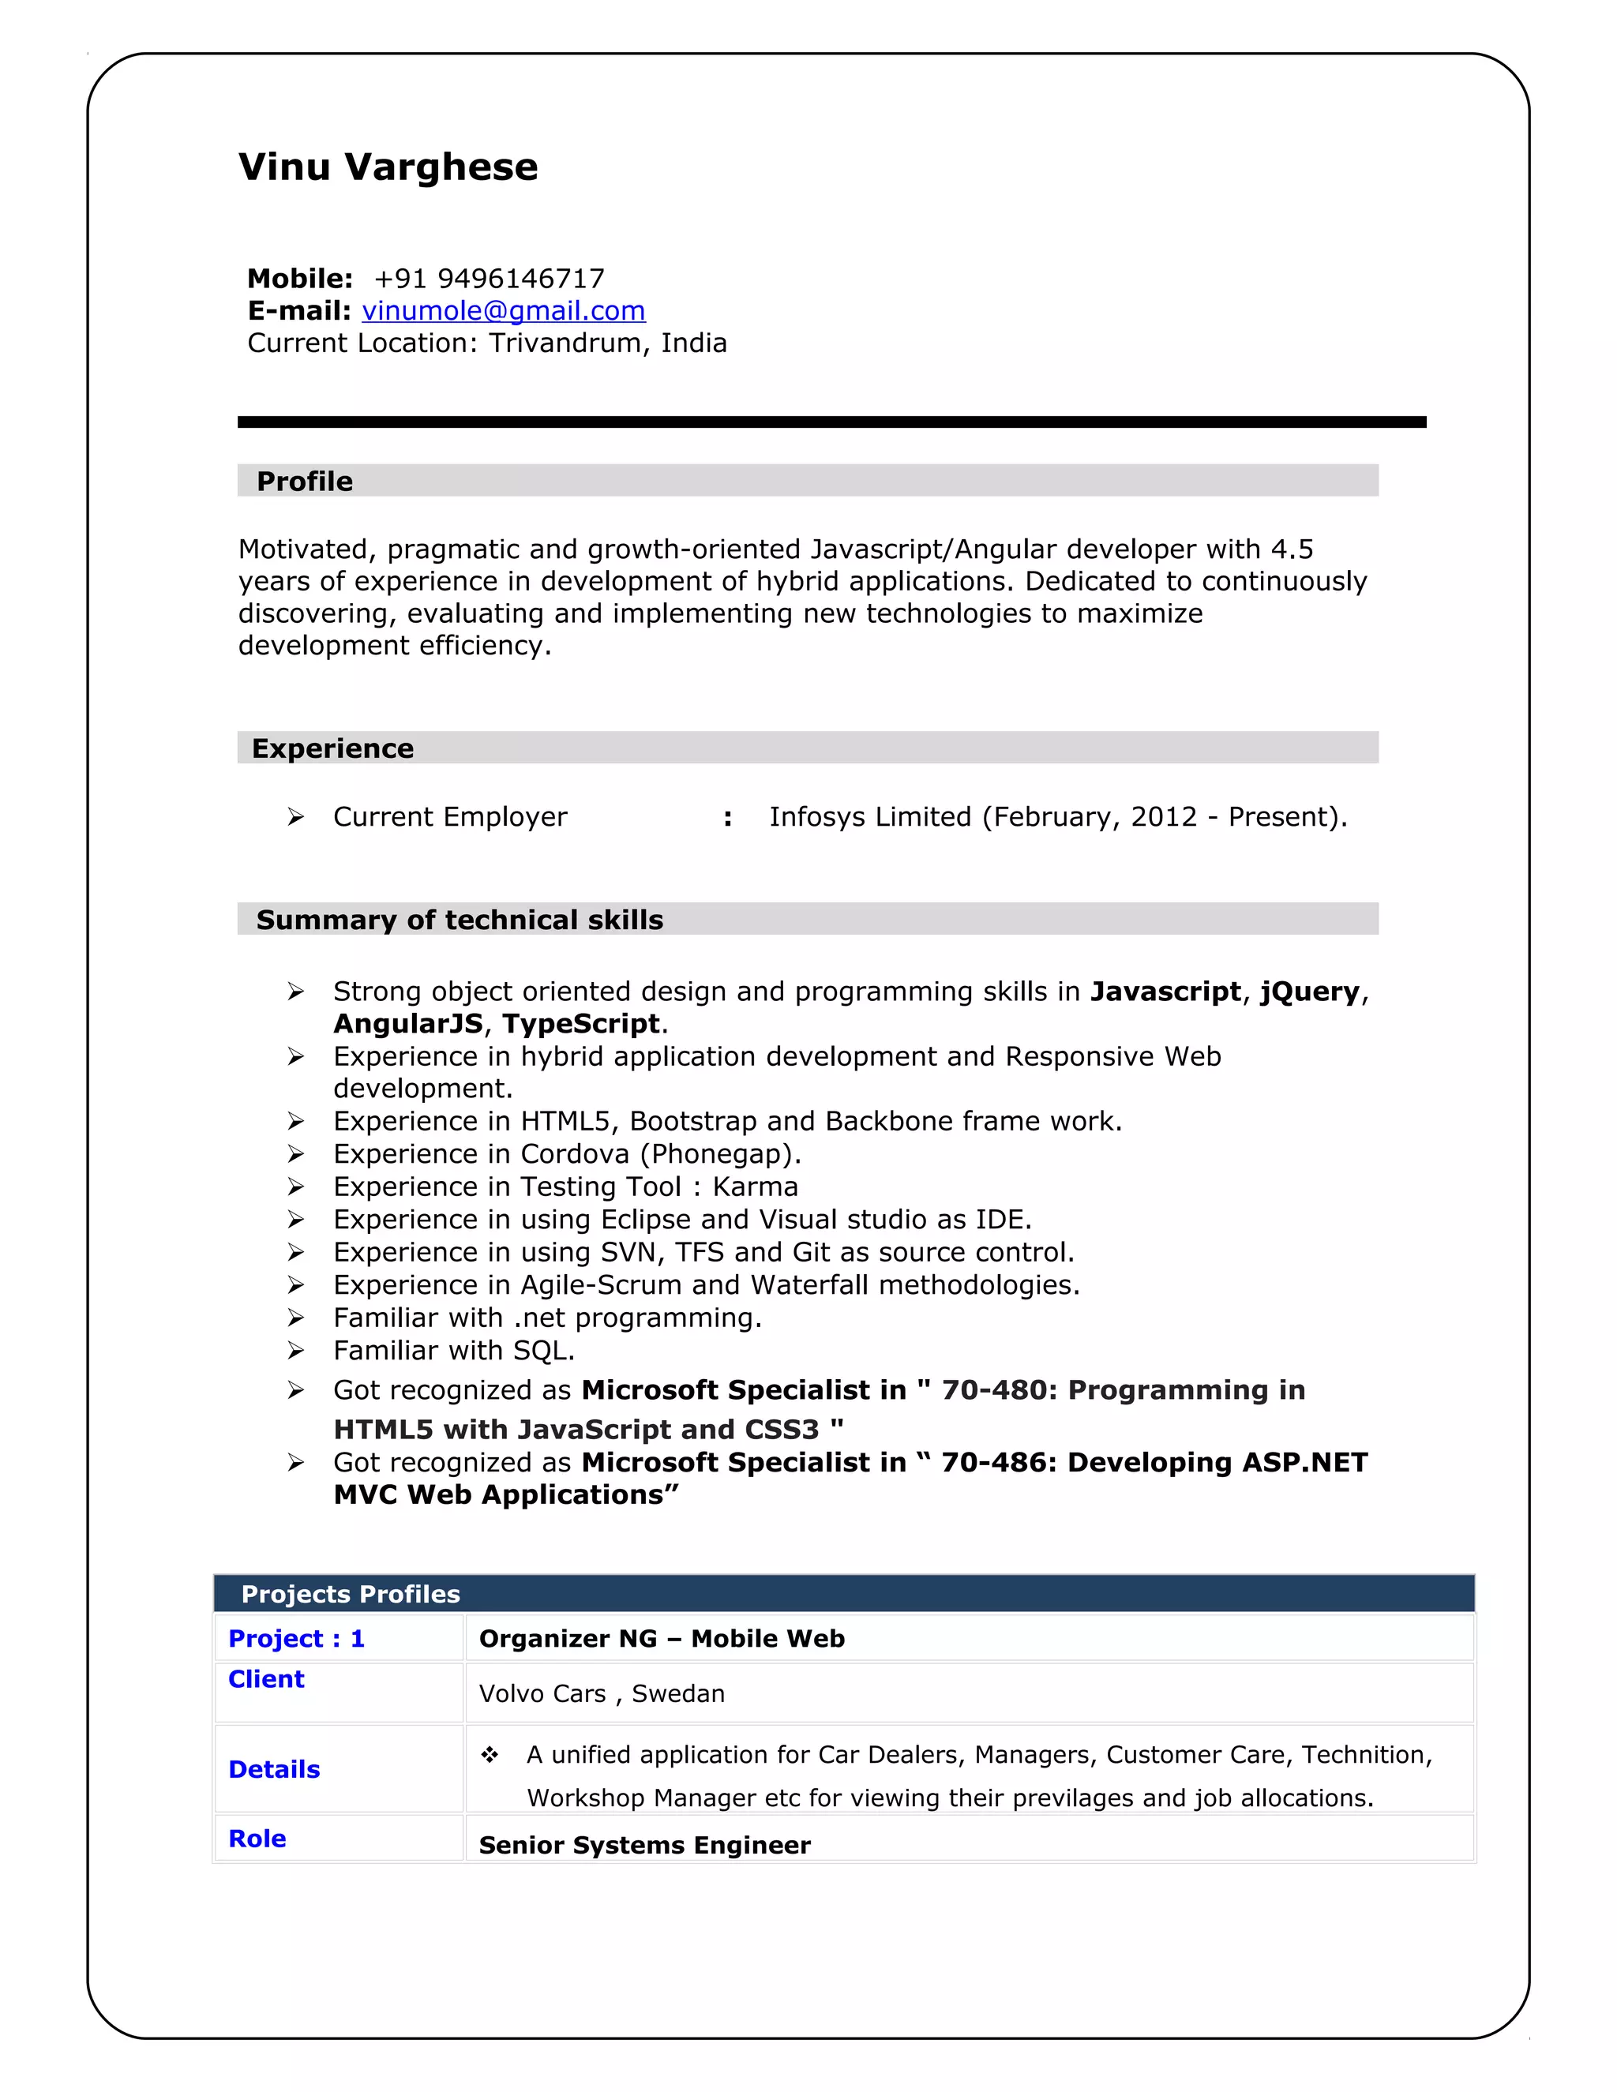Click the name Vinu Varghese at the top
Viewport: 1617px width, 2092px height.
[x=388, y=167]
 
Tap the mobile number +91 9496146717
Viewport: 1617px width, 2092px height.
[x=489, y=279]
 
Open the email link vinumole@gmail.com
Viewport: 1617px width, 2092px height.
[x=503, y=310]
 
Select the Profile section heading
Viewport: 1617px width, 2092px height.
[x=305, y=481]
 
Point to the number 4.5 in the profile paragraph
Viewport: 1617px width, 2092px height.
[x=1291, y=549]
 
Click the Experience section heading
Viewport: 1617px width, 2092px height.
[x=332, y=748]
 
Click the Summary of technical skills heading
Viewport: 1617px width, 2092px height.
[x=460, y=920]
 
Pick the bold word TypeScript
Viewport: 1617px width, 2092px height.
[x=581, y=1024]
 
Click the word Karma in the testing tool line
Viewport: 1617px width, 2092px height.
[x=755, y=1187]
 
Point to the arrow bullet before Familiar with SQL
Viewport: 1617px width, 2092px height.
[x=296, y=1351]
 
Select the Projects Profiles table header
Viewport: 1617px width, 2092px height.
[x=351, y=1594]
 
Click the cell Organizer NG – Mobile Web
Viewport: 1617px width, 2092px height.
[x=662, y=1639]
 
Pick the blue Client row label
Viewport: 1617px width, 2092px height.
[x=266, y=1679]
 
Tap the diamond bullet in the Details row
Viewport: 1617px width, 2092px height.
[x=490, y=1755]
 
